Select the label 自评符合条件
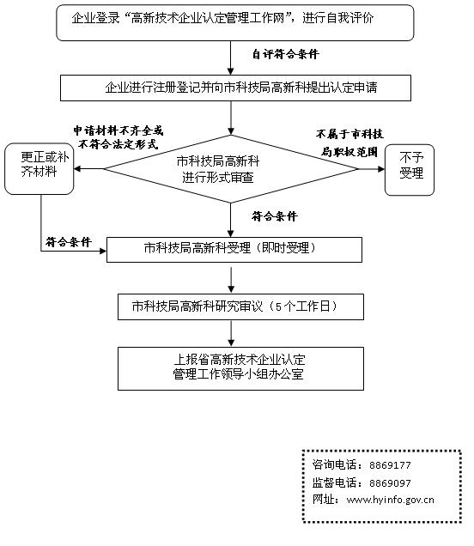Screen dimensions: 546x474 pyautogui.click(x=284, y=54)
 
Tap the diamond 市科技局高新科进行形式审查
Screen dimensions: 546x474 pyautogui.click(x=230, y=168)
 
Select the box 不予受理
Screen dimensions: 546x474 pyautogui.click(x=410, y=168)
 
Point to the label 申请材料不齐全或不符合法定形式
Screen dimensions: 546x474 pyautogui.click(x=118, y=138)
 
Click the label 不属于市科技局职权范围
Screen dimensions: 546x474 pyautogui.click(x=349, y=143)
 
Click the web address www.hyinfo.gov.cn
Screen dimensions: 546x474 pyautogui.click(x=390, y=500)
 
